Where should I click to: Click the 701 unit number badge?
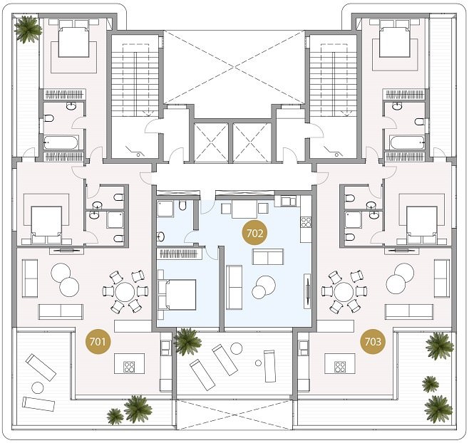click(x=98, y=341)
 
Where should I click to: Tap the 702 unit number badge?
click(x=254, y=233)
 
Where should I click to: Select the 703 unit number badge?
click(x=373, y=341)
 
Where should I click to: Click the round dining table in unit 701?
click(x=125, y=292)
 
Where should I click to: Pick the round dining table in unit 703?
click(x=344, y=292)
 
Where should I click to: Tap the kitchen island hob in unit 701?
click(x=129, y=367)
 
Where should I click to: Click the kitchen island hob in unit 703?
click(x=340, y=367)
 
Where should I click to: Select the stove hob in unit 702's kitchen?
click(x=306, y=222)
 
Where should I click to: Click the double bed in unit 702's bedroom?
click(x=177, y=294)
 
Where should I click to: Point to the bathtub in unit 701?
click(x=61, y=142)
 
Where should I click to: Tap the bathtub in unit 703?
click(x=408, y=142)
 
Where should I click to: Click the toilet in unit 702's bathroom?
click(x=182, y=206)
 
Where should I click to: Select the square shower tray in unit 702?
click(x=165, y=209)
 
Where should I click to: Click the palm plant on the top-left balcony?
click(x=28, y=29)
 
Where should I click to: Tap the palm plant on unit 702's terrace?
click(x=187, y=341)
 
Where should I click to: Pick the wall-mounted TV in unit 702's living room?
click(x=307, y=291)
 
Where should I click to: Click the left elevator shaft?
click(x=211, y=142)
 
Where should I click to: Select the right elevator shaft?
click(x=252, y=142)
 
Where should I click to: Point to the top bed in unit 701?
click(x=73, y=42)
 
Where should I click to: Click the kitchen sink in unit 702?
click(x=289, y=201)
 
